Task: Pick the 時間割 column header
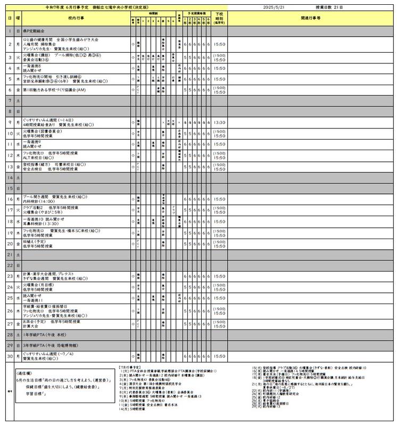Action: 153,12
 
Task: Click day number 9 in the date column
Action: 10,122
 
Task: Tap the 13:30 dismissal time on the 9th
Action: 219,122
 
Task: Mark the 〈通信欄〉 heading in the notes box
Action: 24,374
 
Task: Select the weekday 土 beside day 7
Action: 18,100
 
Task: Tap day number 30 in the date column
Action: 10,356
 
